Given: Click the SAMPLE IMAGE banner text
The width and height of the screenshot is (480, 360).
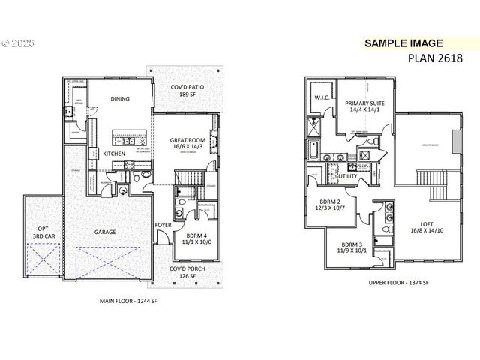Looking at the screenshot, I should (404, 43).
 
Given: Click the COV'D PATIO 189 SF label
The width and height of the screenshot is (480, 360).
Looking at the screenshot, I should (184, 91).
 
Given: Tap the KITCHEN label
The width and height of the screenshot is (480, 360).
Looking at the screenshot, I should (114, 153).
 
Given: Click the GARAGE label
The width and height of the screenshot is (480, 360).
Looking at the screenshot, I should (105, 232).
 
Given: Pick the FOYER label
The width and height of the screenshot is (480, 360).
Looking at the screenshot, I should (163, 224).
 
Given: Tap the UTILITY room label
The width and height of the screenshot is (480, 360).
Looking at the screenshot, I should (348, 176).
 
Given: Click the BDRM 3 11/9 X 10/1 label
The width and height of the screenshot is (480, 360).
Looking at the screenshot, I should (352, 248).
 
